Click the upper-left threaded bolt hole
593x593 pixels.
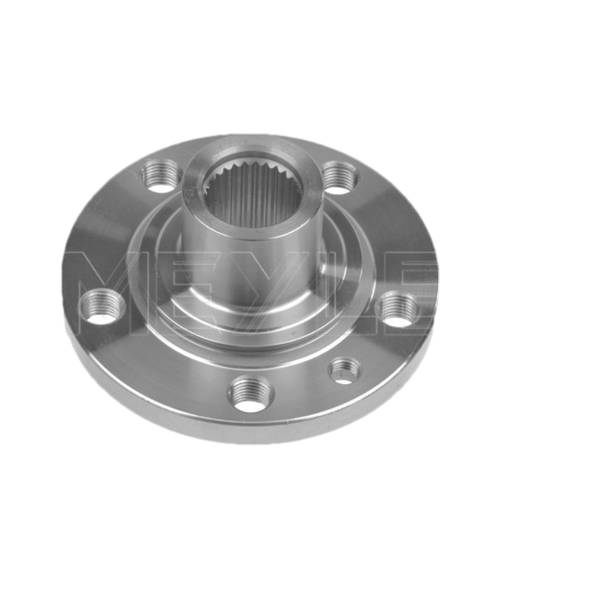coord(160,176)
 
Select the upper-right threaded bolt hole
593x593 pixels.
coord(339,176)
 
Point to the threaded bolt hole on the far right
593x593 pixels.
coord(399,309)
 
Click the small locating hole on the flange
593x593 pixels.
coord(345,371)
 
